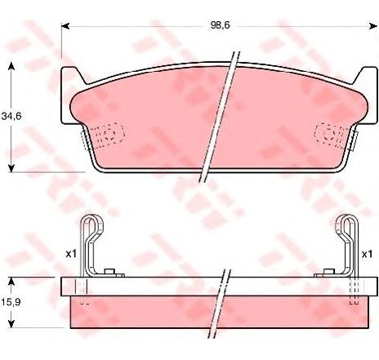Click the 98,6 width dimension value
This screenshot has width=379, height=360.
tap(220, 25)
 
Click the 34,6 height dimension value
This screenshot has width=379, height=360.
tap(11, 117)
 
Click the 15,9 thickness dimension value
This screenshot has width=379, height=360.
tap(11, 302)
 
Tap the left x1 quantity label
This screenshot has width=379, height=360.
tap(71, 254)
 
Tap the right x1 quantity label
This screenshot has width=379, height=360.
tap(367, 255)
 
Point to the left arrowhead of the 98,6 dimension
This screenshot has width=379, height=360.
tap(65, 26)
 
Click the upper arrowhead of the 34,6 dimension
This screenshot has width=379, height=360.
tap(11, 65)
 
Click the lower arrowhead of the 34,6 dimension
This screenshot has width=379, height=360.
tap(11, 168)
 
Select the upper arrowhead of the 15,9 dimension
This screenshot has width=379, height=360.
tap(11, 282)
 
